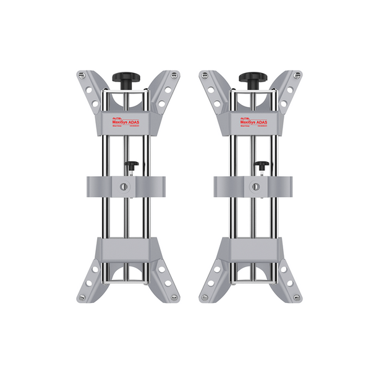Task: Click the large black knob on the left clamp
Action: click(125, 78)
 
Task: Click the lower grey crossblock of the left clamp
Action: click(126, 250)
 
